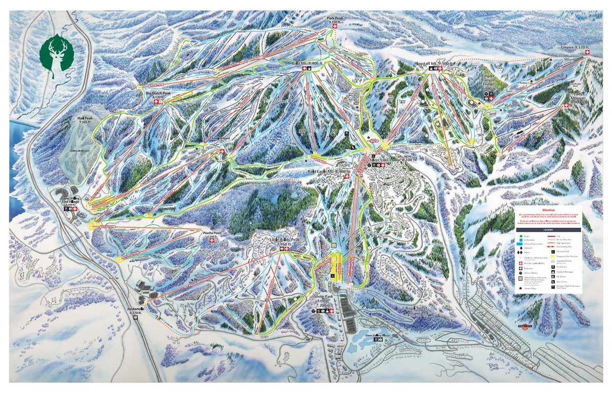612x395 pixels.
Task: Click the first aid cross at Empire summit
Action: coord(586,53)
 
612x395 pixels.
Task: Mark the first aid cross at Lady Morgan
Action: coord(566,106)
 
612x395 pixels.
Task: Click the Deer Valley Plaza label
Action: coord(377,335)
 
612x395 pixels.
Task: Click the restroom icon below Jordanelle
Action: coord(136,318)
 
